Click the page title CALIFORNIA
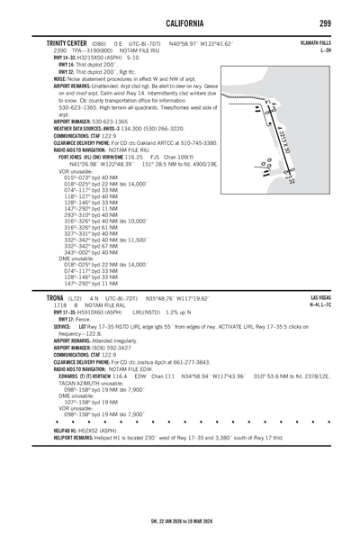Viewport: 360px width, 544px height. click(x=179, y=22)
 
